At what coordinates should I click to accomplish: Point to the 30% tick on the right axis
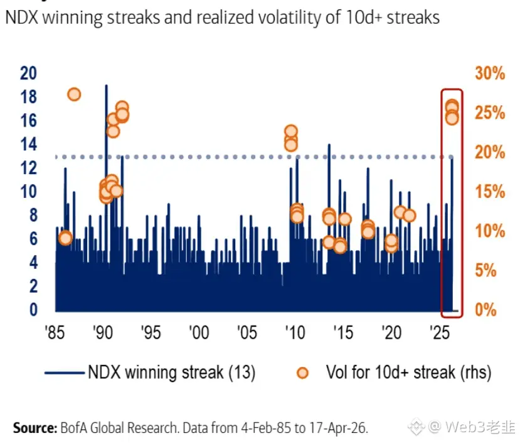coord(489,74)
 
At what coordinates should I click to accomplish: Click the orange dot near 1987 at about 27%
coord(74,94)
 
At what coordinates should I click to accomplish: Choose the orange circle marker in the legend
coord(303,373)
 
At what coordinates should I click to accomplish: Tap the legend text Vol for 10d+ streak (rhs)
coord(408,372)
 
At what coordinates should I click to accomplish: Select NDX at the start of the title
coord(21,17)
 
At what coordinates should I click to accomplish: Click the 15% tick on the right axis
coord(489,192)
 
